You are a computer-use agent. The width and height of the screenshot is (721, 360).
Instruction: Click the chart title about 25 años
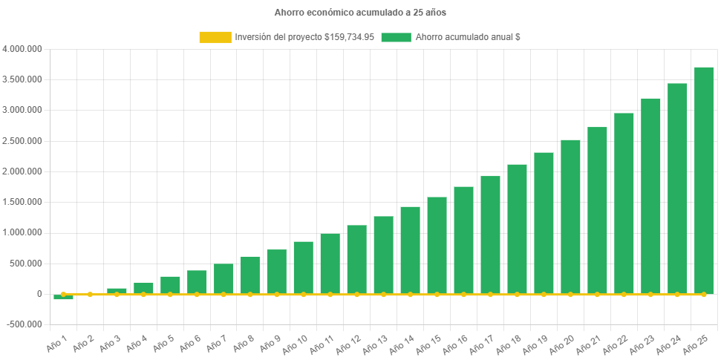tap(360, 13)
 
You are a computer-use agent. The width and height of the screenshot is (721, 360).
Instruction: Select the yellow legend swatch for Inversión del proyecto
tap(215, 37)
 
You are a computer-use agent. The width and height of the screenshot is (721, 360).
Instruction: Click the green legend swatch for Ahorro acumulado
tap(396, 37)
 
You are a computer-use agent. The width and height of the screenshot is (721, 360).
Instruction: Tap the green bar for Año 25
tap(704, 180)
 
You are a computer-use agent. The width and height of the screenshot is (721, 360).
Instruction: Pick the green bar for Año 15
tap(437, 245)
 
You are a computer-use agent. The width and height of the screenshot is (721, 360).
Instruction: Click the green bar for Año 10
tap(303, 267)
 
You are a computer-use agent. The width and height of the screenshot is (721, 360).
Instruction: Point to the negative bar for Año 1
tap(63, 297)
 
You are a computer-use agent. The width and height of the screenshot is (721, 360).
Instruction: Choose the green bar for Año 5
tap(170, 285)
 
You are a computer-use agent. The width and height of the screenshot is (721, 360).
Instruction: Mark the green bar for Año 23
tap(650, 196)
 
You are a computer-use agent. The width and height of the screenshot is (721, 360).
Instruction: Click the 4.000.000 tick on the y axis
tap(22, 49)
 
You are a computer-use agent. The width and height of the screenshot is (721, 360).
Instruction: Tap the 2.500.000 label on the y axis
tap(22, 141)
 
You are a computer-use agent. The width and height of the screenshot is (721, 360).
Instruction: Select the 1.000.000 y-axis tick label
tap(22, 232)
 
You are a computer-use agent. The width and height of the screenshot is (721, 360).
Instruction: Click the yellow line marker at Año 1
tap(63, 295)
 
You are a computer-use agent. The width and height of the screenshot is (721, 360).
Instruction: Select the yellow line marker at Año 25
tap(704, 295)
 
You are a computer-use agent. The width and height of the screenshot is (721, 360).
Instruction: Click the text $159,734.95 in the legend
tap(349, 37)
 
